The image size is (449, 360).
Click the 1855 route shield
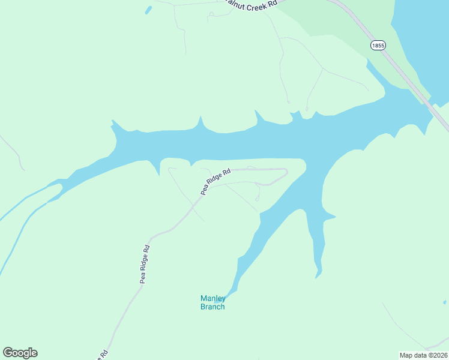[378, 46]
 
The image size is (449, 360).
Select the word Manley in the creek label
[212, 298]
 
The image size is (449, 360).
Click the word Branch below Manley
[212, 307]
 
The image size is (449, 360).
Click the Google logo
[20, 353]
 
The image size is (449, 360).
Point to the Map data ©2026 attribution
[423, 355]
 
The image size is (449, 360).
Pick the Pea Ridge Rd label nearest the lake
[215, 182]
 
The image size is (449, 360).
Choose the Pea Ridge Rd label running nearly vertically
[144, 264]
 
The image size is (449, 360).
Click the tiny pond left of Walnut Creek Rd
[148, 10]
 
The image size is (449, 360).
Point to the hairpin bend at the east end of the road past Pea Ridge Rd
[286, 173]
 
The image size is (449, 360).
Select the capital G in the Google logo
[8, 353]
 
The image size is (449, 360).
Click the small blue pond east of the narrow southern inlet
[444, 302]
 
